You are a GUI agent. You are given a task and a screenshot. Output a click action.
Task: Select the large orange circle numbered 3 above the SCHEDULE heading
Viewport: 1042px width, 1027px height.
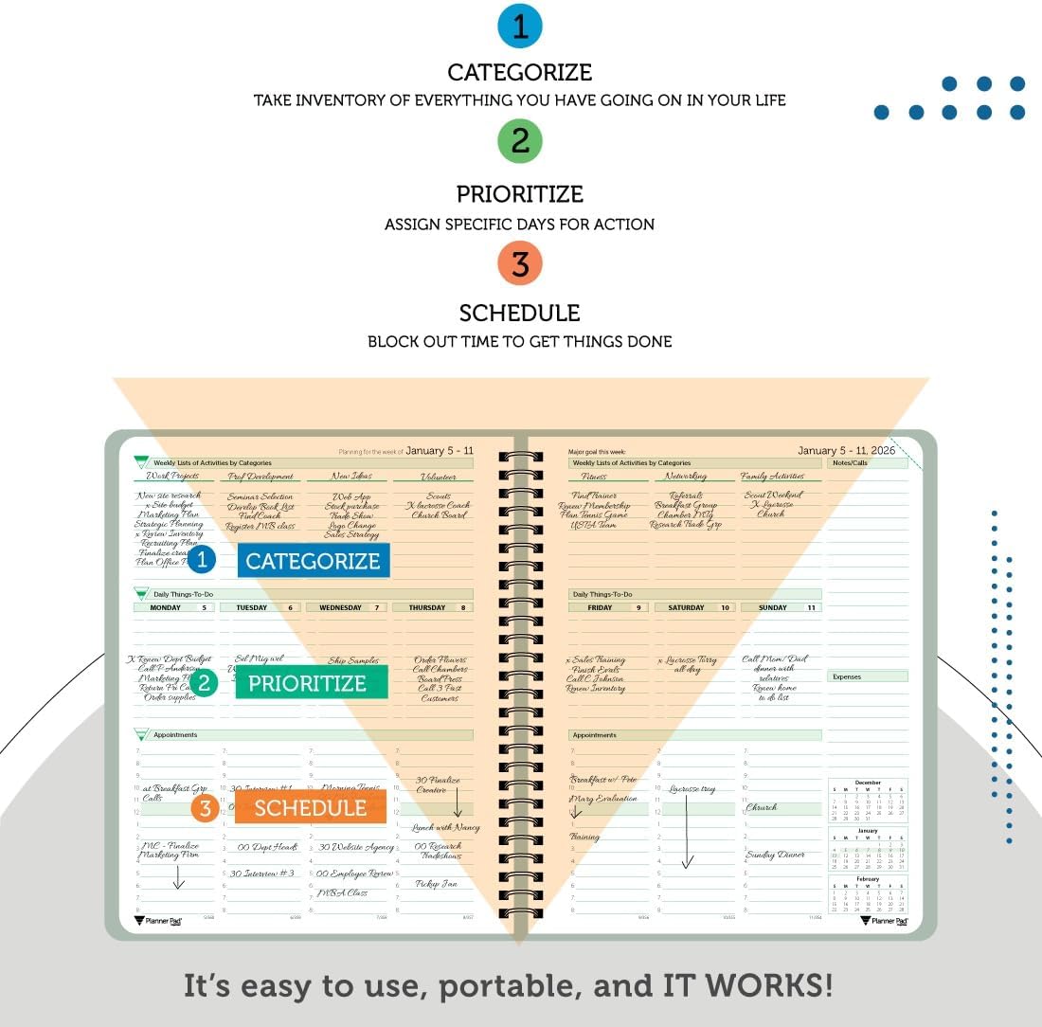[520, 262]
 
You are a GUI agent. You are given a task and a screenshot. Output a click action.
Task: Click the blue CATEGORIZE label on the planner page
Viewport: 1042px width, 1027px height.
[313, 561]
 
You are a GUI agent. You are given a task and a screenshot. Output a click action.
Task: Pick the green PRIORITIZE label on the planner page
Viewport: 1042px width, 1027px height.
[307, 683]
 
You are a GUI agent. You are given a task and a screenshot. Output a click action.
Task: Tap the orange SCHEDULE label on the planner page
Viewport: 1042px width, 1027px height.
[310, 807]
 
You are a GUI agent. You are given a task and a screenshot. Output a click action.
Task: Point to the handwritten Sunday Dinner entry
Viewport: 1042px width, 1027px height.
[775, 855]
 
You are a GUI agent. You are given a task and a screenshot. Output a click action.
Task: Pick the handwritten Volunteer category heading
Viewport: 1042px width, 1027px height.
[437, 477]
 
